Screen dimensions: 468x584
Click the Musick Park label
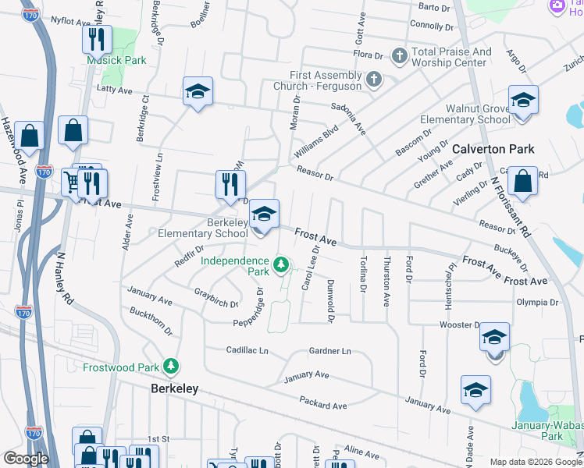[x=117, y=60]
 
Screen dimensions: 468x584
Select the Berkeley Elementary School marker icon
[x=265, y=214]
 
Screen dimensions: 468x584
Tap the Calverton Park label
[x=493, y=149]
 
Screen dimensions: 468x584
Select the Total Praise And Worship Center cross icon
[x=399, y=56]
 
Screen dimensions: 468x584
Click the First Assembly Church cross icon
[x=374, y=80]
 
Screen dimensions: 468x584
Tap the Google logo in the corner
[x=25, y=459]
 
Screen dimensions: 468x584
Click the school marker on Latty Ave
[x=198, y=92]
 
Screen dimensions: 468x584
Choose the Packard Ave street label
[x=322, y=402]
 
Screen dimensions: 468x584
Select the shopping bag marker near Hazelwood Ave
[x=30, y=136]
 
